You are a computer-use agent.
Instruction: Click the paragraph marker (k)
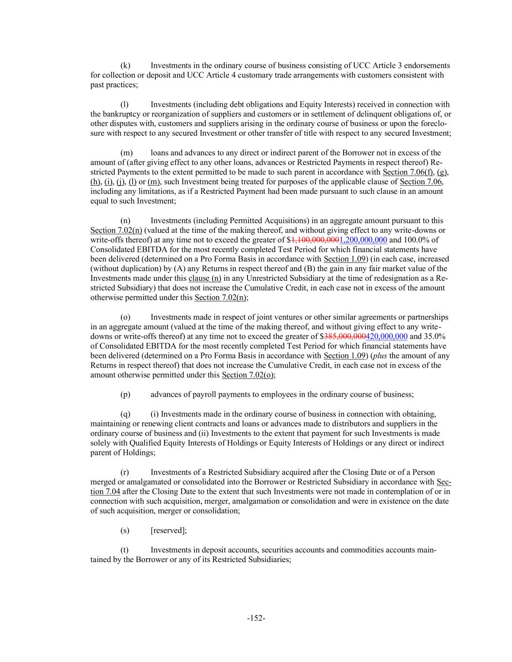(125, 65)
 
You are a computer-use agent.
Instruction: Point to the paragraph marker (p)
(125, 394)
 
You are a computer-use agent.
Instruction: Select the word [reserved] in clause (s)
(168, 530)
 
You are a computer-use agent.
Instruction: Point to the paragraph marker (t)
(125, 549)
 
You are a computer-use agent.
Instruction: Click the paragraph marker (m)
(126, 153)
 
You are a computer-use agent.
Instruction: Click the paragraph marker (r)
(125, 472)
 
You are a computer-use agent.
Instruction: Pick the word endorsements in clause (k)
(427, 65)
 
